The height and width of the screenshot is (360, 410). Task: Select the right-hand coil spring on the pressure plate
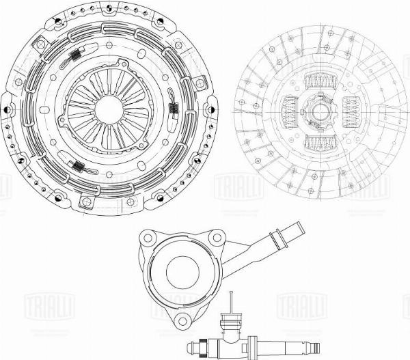174,107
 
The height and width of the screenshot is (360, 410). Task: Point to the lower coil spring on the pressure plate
80,166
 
